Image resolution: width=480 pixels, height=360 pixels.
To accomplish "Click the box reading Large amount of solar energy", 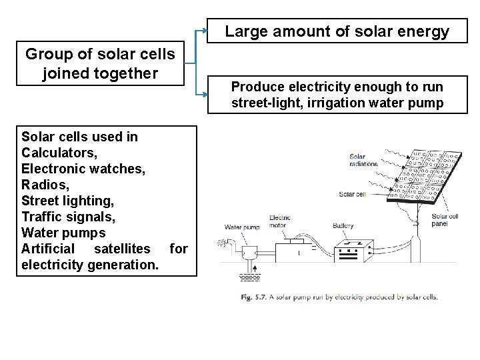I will [337, 31].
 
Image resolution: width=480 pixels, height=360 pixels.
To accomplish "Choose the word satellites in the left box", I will [123, 249].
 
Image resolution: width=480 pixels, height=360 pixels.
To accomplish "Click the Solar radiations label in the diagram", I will [363, 161].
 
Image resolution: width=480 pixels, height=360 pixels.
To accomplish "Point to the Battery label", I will [343, 226].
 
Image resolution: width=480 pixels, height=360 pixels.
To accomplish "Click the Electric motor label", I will [279, 222].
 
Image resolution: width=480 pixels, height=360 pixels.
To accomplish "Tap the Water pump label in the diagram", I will [240, 227].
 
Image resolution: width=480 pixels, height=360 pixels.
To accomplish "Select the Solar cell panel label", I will [445, 219].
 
